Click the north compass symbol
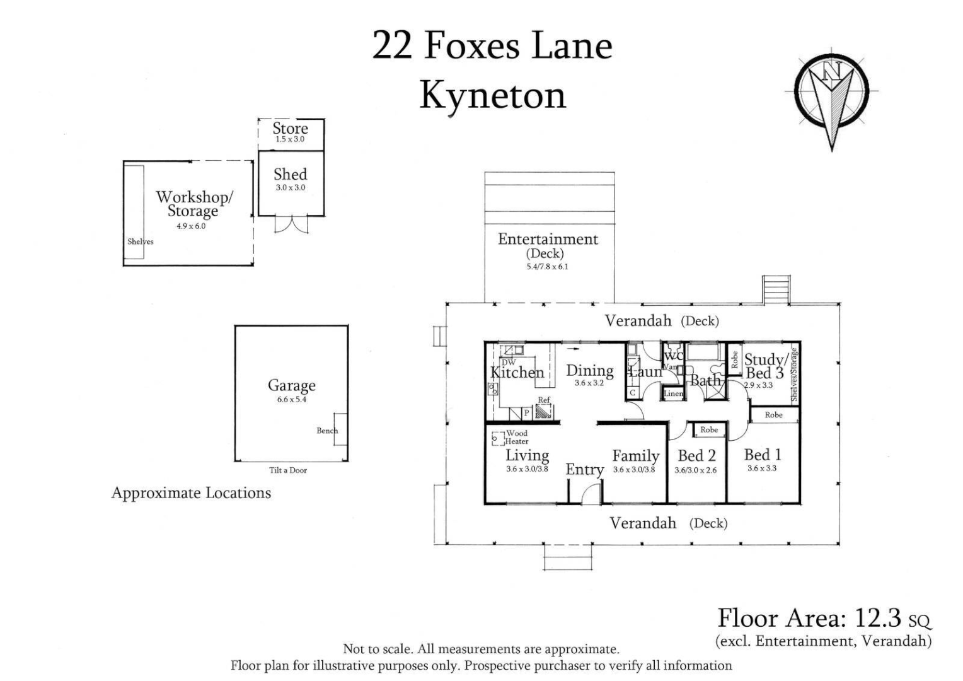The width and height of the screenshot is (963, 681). click(x=831, y=95)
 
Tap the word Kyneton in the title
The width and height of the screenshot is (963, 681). click(x=492, y=96)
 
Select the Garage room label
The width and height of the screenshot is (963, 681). click(x=291, y=385)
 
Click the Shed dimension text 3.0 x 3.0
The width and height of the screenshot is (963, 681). click(x=290, y=187)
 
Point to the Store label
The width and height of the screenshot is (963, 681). click(x=290, y=128)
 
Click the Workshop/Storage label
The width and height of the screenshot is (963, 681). click(x=194, y=203)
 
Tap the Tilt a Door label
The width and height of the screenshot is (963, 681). click(x=288, y=470)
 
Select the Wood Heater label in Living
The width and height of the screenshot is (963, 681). click(x=517, y=437)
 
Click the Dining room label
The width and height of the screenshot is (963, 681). click(x=589, y=371)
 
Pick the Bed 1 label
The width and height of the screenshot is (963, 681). click(x=762, y=455)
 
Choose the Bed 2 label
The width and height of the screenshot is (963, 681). click(x=696, y=456)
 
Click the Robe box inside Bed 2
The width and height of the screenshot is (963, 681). click(x=709, y=430)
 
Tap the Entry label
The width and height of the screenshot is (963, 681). click(x=584, y=470)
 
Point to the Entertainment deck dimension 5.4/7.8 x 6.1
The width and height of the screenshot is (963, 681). click(x=548, y=267)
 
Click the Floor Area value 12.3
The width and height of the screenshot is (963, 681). click(x=877, y=618)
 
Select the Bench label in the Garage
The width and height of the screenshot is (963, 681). click(x=327, y=431)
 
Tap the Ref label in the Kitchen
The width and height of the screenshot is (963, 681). click(x=543, y=400)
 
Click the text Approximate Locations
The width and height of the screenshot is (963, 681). click(x=191, y=493)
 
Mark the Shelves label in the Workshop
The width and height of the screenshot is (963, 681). click(x=140, y=242)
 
